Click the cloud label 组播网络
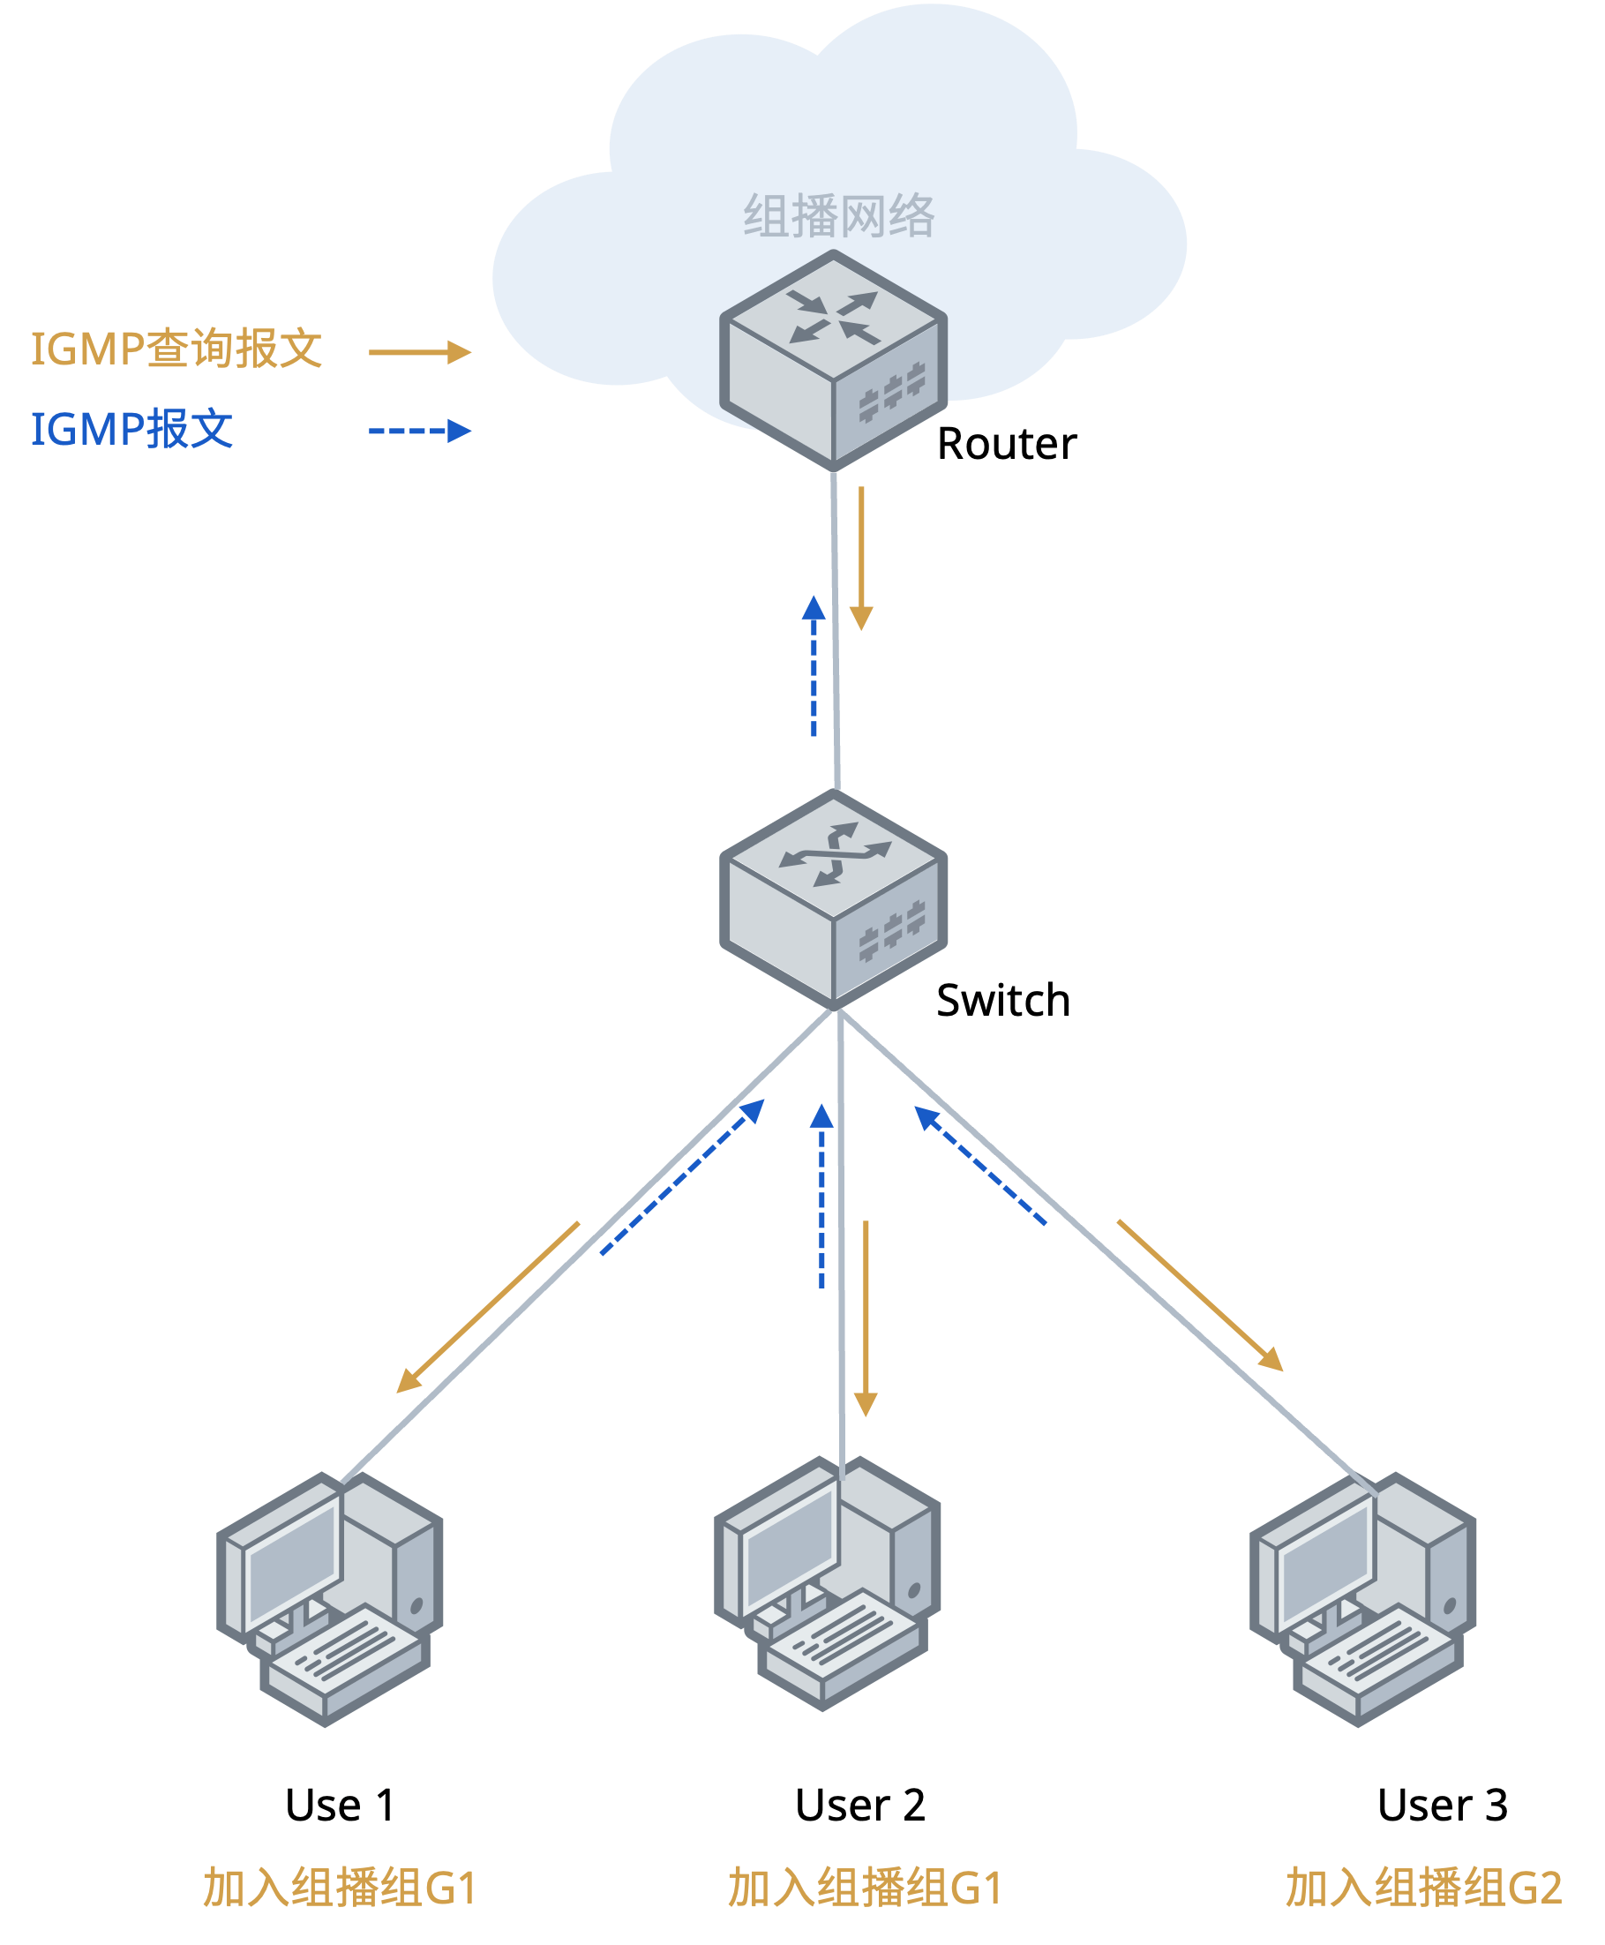pyautogui.click(x=838, y=216)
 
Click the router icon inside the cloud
pyautogui.click(x=833, y=361)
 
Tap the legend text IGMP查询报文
pyautogui.click(x=176, y=349)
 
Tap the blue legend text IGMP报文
pyautogui.click(x=132, y=430)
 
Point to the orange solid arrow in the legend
pyautogui.click(x=420, y=352)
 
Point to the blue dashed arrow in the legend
pyautogui.click(x=420, y=431)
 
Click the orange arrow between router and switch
pyautogui.click(x=862, y=559)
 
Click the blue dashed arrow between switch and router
pyautogui.click(x=814, y=665)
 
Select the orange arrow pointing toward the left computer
pyautogui.click(x=487, y=1307)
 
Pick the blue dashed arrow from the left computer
pyautogui.click(x=682, y=1177)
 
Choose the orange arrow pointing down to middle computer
pyautogui.click(x=866, y=1318)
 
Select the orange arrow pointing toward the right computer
pyautogui.click(x=1200, y=1295)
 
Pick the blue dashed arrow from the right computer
pyautogui.click(x=980, y=1165)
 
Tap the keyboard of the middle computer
pyautogui.click(x=842, y=1646)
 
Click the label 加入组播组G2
pyautogui.click(x=1423, y=1888)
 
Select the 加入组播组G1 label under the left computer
pyautogui.click(x=340, y=1888)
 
